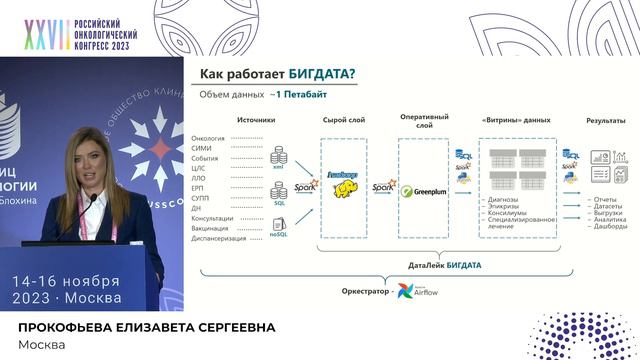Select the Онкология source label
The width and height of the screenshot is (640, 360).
point(207,138)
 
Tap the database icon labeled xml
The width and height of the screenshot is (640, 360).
point(278,161)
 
